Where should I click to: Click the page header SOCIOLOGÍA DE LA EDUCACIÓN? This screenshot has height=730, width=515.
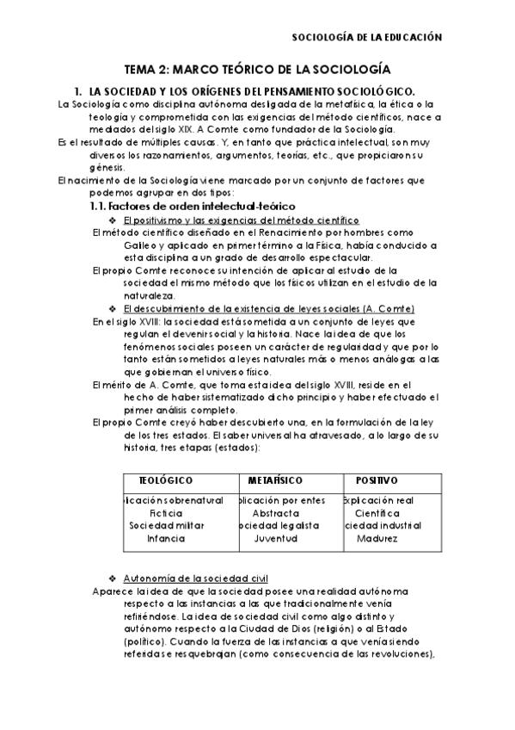367,38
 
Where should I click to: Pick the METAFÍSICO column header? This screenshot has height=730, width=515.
275,479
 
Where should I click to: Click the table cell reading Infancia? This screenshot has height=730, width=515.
165,538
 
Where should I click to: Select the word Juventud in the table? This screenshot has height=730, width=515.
275,538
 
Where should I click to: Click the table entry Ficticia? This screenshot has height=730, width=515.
165,512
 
